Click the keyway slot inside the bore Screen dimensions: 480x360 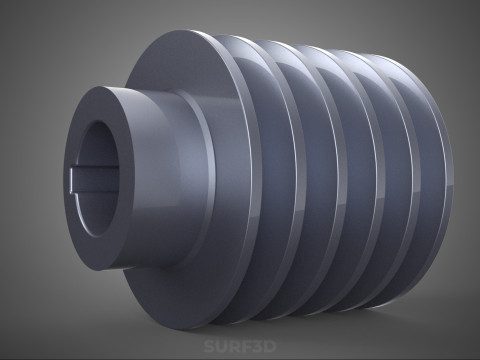tap(95, 180)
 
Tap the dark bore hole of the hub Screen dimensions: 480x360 tap(99, 178)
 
